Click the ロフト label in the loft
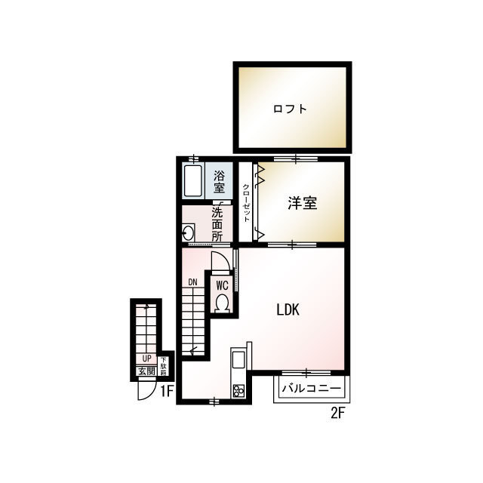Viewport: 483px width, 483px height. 290,109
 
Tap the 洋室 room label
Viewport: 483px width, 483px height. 303,203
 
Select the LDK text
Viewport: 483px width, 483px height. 288,309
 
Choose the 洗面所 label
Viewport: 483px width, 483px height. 217,225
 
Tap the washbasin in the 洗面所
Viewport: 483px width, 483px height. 188,233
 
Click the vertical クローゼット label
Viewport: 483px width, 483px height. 247,203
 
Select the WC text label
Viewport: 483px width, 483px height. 222,285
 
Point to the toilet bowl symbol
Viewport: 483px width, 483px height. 222,303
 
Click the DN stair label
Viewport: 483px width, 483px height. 193,282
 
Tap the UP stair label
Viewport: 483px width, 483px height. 146,358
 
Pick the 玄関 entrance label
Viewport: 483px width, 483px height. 146,371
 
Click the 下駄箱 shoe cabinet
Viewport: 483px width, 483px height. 163,366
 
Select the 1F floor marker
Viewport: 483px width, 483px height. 167,392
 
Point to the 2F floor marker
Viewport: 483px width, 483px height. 337,413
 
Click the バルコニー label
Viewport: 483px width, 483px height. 312,388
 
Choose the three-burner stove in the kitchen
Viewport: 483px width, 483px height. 238,391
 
